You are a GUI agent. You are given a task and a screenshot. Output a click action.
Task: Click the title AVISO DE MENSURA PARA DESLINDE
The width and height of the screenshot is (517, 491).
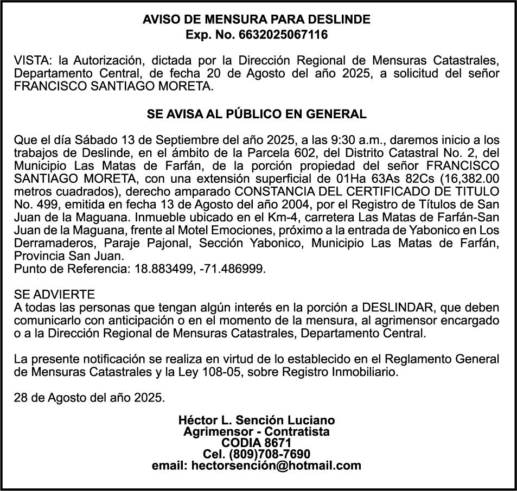257,20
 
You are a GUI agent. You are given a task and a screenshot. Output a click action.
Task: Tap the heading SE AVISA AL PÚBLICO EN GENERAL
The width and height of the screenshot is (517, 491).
257,114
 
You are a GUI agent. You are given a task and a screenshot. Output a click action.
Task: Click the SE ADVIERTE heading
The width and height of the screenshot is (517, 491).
55,295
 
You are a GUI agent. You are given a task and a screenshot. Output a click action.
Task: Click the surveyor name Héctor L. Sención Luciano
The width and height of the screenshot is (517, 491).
257,420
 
